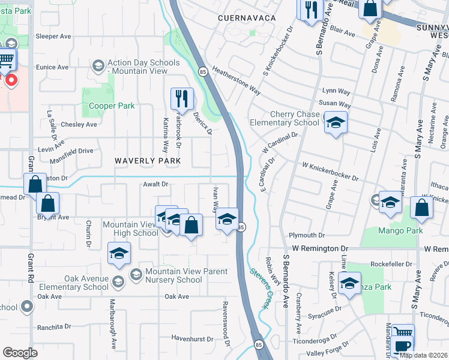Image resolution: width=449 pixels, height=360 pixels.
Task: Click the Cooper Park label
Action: tap(112, 106)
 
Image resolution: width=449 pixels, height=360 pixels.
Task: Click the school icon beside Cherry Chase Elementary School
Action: tap(336, 123)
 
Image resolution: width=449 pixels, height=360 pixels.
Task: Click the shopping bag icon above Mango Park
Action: tap(423, 208)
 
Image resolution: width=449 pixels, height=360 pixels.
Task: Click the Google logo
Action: tap(20, 353)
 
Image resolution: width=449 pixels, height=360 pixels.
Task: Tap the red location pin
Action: tap(11, 80)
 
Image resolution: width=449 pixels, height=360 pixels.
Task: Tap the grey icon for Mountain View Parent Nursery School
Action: tap(136, 274)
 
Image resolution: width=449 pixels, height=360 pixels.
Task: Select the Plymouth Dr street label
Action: tap(306, 236)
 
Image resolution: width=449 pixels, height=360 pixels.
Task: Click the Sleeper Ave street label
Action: tap(53, 36)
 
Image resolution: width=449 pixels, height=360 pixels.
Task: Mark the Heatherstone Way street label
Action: tap(236, 81)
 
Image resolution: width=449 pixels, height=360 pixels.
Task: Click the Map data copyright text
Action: tap(424, 355)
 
